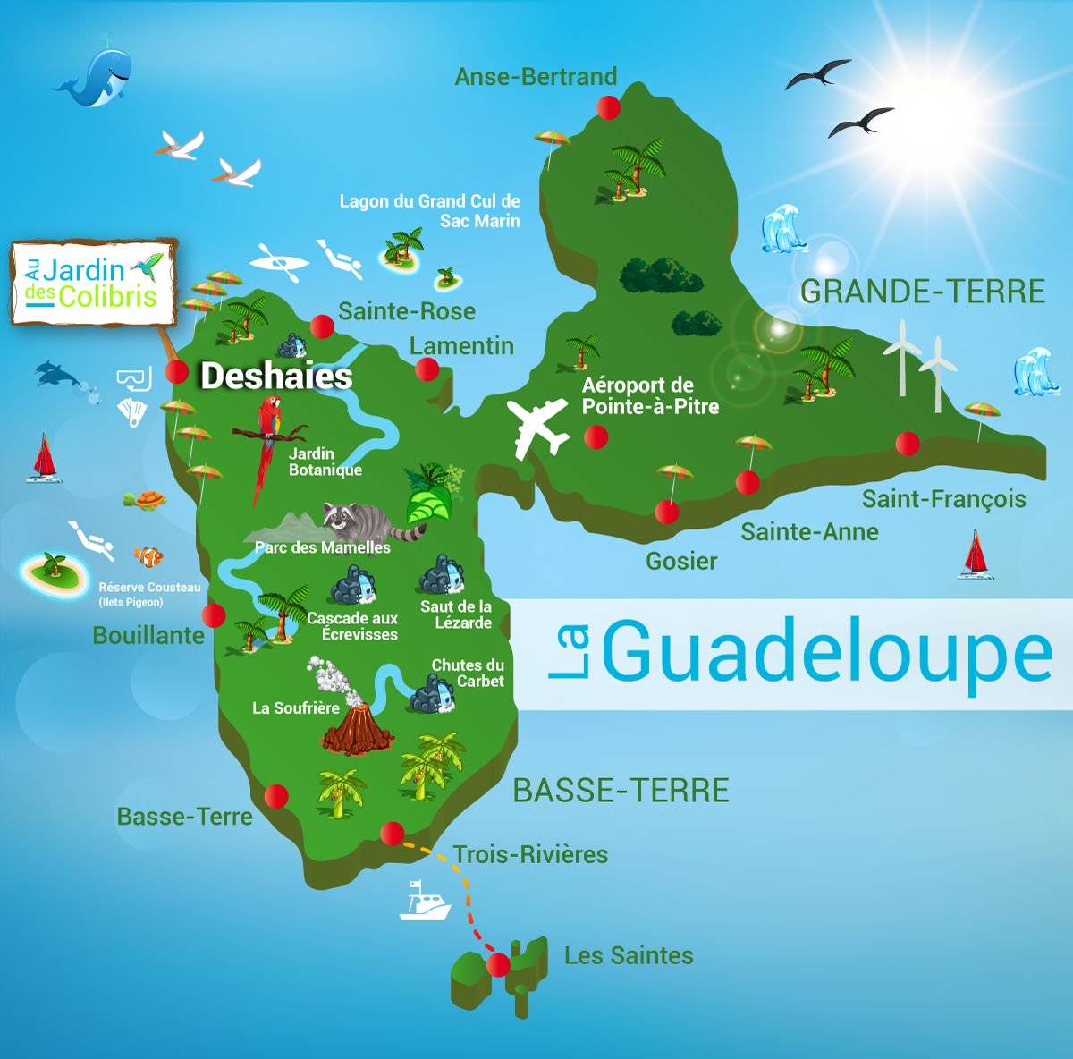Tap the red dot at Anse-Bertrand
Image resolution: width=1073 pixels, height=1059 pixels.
pos(609,107)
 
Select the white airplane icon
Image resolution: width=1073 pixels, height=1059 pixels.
pos(536,427)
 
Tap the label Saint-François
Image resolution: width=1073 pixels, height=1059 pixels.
pos(943,498)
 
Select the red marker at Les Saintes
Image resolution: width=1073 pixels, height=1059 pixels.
pos(498,965)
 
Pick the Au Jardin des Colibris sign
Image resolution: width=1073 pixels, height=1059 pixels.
pos(93,282)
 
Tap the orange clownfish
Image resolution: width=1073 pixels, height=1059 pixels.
pos(148,557)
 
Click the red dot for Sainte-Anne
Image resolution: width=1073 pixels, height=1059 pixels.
pos(748,483)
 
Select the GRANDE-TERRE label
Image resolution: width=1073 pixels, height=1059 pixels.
pos(922,291)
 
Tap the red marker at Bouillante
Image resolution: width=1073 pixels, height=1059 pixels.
pos(214,615)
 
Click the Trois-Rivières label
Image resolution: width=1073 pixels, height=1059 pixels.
pos(530,854)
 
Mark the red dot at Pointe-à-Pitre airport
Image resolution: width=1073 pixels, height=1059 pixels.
pos(596,437)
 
